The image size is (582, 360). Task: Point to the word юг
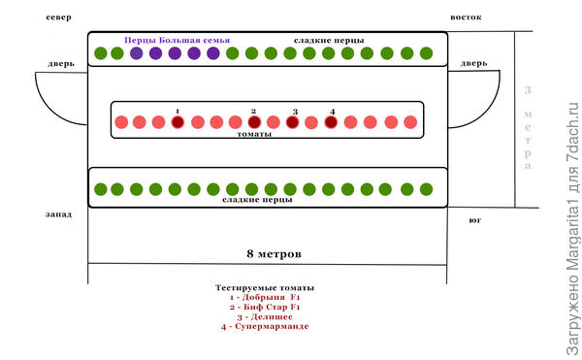(474, 220)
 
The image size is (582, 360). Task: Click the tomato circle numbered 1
(178, 123)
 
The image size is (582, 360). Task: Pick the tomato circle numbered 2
(254, 123)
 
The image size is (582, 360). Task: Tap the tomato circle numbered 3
(292, 123)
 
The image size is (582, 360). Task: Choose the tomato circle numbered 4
(331, 123)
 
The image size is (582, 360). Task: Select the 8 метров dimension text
(275, 253)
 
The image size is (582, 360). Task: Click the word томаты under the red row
(254, 136)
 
